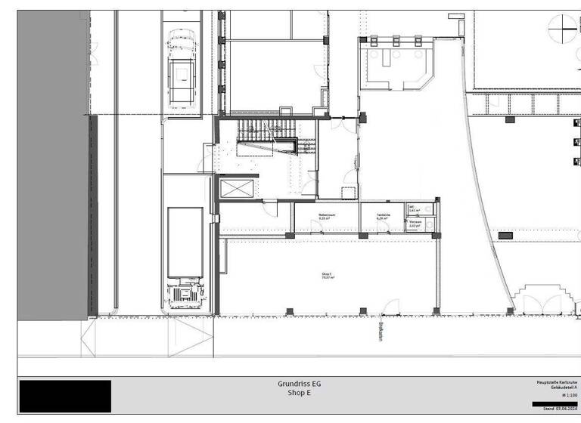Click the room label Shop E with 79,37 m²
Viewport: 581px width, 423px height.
328,276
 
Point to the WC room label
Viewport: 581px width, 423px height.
413,211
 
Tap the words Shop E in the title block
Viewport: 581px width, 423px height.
299,394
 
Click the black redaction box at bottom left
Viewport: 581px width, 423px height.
65,396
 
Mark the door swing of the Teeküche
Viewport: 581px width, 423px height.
385,226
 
